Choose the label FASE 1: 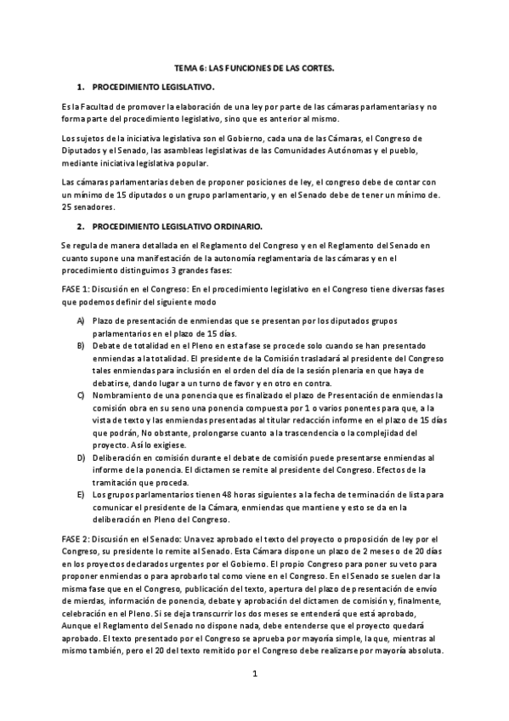(77, 288)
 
